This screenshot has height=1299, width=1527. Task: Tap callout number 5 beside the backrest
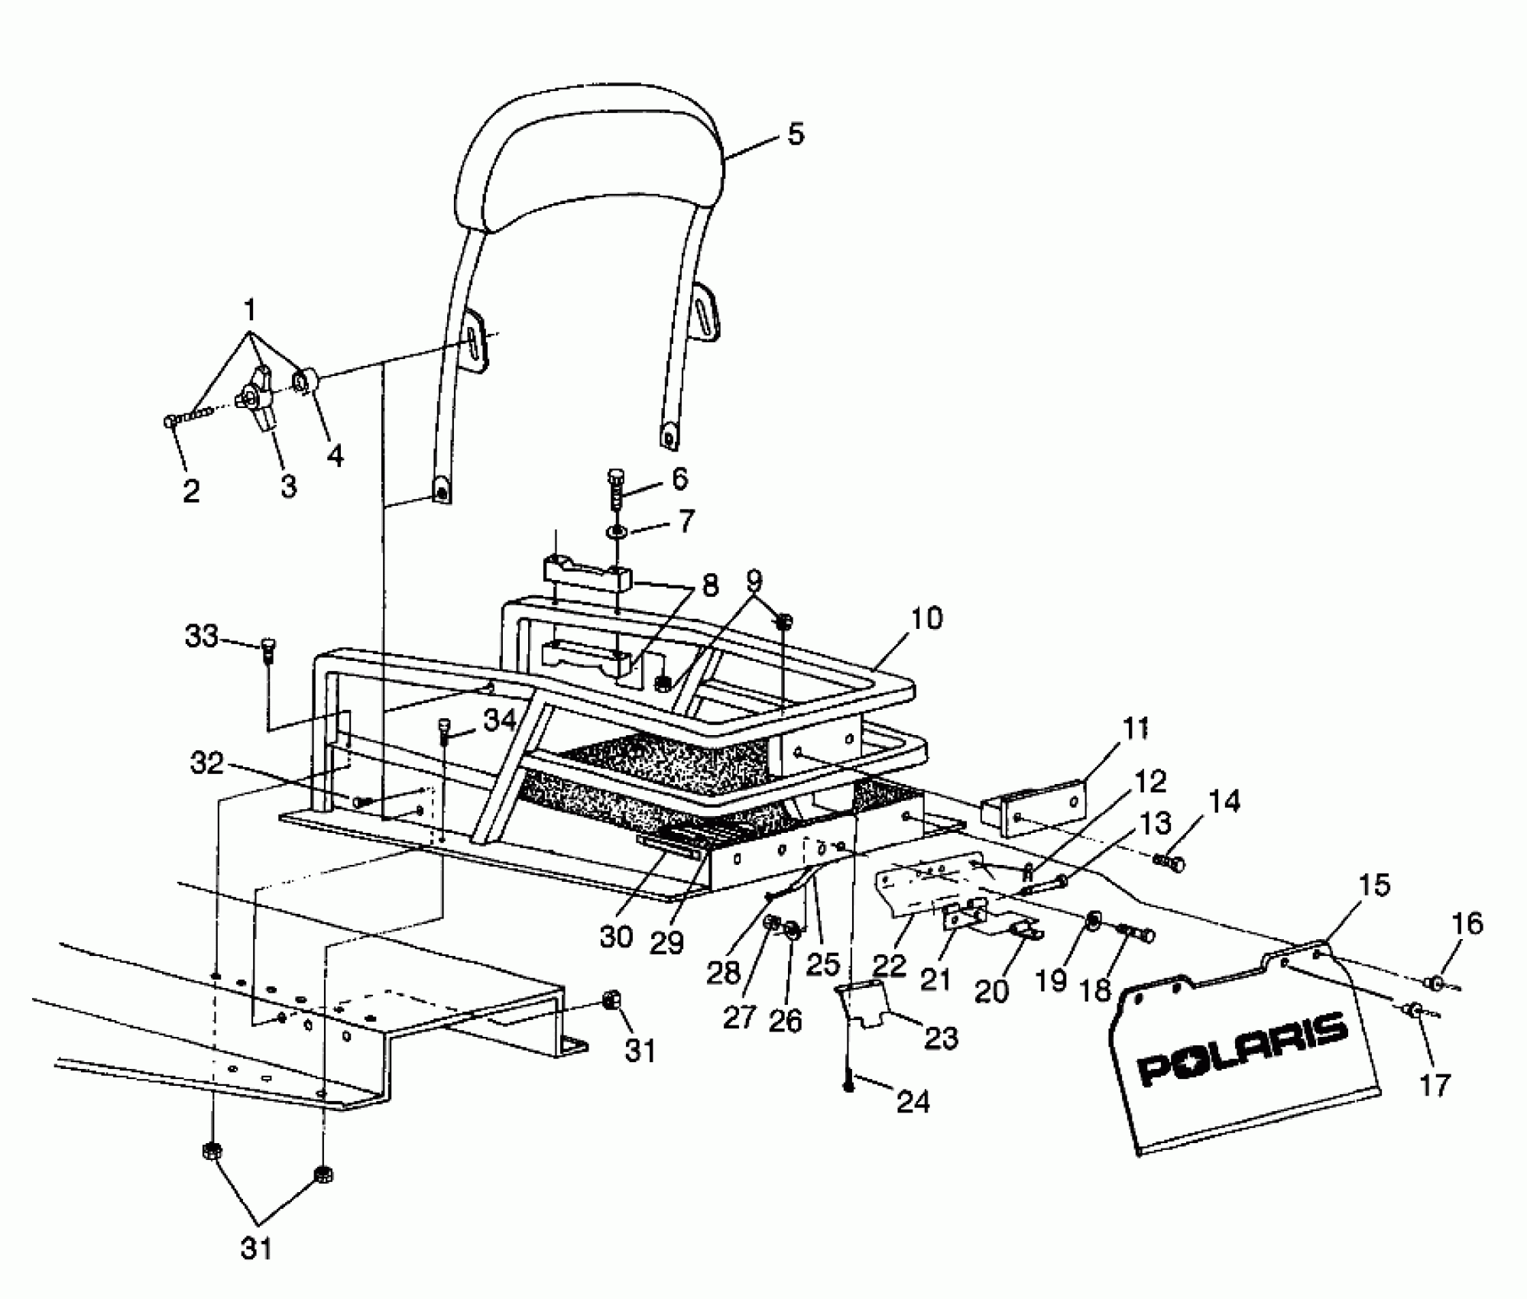795,134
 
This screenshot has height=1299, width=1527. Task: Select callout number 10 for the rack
926,617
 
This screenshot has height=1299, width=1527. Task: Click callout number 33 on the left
202,637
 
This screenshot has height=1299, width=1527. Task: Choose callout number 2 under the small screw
191,490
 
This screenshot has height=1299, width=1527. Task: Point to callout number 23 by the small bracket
941,1038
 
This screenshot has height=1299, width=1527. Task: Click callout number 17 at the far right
1435,1084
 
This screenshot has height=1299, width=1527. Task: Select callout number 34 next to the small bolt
500,719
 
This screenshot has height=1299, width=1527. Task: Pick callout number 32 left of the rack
206,762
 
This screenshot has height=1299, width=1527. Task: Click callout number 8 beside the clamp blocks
709,585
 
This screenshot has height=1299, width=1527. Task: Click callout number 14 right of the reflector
1225,803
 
